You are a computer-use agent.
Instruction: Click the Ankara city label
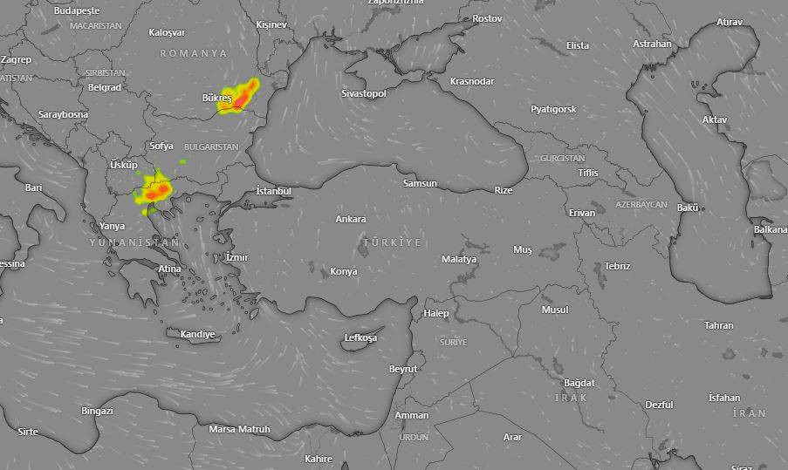click(x=351, y=219)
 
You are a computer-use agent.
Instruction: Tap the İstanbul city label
click(x=273, y=190)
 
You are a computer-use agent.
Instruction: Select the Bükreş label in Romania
click(x=216, y=99)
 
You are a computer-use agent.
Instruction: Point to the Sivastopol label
click(x=363, y=93)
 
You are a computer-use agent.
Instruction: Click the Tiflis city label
click(x=588, y=173)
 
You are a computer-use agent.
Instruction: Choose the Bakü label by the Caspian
click(x=688, y=208)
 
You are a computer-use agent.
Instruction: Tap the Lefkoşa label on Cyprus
click(x=360, y=337)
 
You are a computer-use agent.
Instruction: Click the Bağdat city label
click(x=579, y=383)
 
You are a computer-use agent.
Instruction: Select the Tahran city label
click(x=719, y=325)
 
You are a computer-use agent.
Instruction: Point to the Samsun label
click(x=420, y=183)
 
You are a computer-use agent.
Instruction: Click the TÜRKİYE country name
click(x=392, y=242)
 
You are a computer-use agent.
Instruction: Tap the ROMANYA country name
click(x=193, y=53)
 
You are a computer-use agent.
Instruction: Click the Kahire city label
click(x=318, y=459)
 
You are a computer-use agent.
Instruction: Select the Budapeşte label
click(x=77, y=10)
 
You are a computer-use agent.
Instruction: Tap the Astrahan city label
click(x=652, y=44)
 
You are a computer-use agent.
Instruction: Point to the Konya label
click(x=343, y=271)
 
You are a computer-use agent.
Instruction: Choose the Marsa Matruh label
click(x=239, y=429)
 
